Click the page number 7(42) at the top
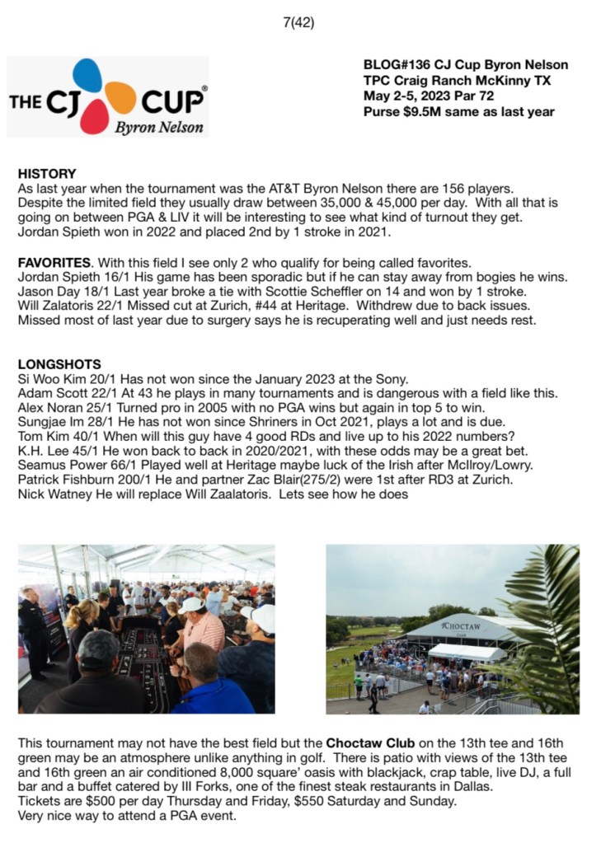298,22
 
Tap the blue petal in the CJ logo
87,76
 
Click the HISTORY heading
47,174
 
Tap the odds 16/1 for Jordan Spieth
112,278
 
